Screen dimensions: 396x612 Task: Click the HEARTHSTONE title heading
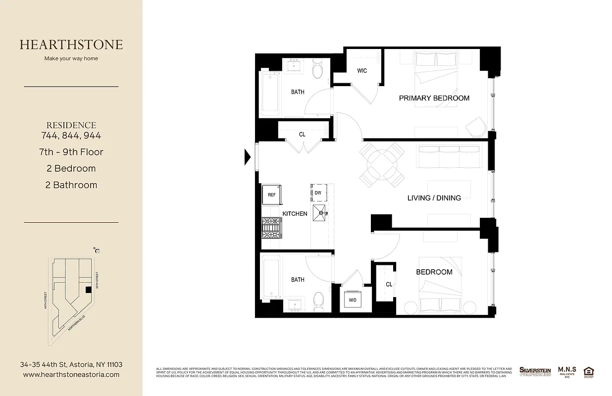[71, 45]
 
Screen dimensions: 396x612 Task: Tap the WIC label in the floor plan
[362, 71]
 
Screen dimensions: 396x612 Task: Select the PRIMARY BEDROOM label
[434, 98]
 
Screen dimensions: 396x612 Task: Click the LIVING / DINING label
[434, 198]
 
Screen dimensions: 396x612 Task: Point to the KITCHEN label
[295, 214]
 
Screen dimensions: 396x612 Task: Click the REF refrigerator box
[271, 195]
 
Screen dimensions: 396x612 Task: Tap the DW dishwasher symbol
[317, 193]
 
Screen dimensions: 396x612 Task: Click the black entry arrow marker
[248, 157]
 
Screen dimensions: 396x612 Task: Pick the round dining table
[382, 162]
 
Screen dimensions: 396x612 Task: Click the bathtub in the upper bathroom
[270, 93]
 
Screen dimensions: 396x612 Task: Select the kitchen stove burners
[271, 229]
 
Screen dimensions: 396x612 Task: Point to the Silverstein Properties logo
[535, 371]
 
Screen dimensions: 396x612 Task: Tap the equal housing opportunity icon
[589, 371]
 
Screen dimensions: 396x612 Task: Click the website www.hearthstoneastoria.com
[71, 375]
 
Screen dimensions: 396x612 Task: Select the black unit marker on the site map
[88, 290]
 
